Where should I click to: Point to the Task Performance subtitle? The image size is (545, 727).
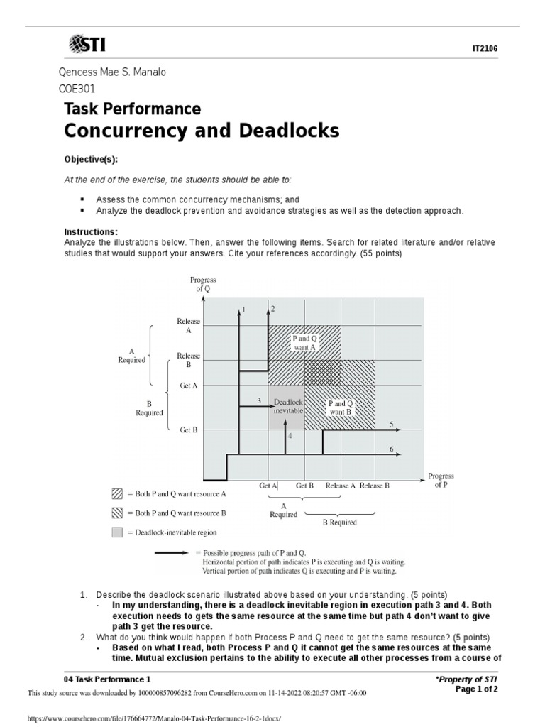[132, 109]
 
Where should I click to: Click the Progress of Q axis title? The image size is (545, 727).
[204, 285]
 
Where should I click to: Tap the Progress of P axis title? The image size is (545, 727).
[441, 481]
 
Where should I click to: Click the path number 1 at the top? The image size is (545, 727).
[244, 310]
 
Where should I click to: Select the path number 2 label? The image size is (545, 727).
[272, 309]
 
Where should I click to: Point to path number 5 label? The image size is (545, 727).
[391, 424]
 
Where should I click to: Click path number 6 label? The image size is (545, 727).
[391, 449]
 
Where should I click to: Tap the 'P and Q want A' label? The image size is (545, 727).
[305, 343]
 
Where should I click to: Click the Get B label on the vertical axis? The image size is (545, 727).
[188, 430]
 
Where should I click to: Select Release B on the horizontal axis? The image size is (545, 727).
[375, 486]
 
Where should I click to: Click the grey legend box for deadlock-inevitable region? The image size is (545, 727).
[116, 531]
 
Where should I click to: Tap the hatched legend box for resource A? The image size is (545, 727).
[116, 493]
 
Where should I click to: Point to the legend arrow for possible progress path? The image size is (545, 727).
[177, 552]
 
